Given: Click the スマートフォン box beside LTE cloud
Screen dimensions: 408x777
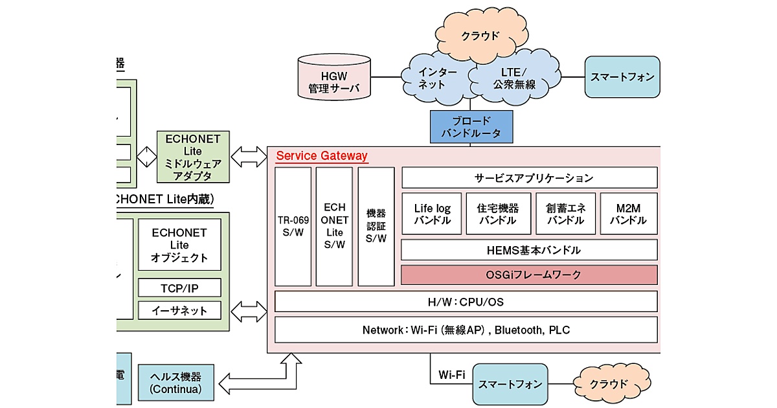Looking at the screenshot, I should tap(622, 77).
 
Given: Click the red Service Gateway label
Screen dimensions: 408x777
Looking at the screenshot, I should tap(322, 156).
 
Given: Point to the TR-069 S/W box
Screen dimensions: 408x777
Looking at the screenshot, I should tap(293, 227).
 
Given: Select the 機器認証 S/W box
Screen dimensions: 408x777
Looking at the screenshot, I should tap(376, 227).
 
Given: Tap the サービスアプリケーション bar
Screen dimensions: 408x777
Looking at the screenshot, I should tap(529, 177).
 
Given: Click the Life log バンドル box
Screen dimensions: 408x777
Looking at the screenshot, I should tap(432, 214).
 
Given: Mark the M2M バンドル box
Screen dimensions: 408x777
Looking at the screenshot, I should tap(628, 214).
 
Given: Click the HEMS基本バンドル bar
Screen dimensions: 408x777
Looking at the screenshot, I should tap(529, 249).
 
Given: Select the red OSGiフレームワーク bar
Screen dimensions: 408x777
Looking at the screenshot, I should tap(529, 275).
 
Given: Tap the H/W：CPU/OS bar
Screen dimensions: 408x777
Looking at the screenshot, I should tap(466, 301).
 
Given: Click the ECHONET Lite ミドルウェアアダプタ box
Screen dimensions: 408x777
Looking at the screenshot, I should tap(193, 157).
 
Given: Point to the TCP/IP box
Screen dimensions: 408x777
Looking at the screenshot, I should tap(179, 288).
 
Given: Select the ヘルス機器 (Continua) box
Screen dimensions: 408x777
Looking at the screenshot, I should tap(175, 382).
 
